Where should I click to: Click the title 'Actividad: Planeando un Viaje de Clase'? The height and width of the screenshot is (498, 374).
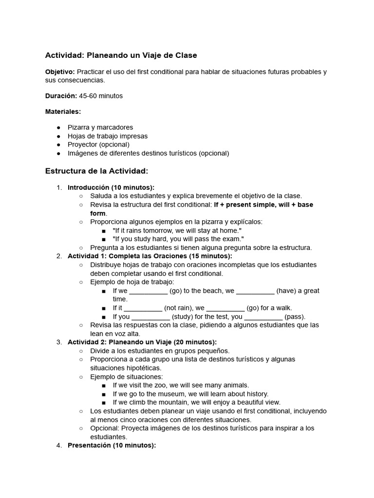point(121,55)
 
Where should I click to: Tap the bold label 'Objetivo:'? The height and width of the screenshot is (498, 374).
point(60,71)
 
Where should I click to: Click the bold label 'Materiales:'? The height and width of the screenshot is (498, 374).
point(63,111)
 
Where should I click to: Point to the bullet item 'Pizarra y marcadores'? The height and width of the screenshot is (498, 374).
point(100,127)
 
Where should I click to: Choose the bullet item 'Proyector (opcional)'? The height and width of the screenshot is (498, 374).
point(98,144)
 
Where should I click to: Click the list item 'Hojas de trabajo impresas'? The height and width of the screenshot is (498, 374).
point(108,136)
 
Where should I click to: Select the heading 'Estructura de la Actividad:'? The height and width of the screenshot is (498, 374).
point(96,171)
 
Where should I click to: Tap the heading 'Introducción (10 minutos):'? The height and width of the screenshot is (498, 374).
point(111,187)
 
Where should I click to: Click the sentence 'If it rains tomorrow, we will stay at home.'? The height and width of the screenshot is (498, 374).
point(177,230)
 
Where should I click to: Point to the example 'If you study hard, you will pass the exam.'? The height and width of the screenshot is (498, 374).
point(178,239)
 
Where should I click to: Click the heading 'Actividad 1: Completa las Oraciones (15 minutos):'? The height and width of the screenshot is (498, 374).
point(150,256)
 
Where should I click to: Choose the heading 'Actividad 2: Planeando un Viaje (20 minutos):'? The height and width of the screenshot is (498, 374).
point(142,342)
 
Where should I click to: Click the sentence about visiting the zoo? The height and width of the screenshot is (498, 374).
point(181,385)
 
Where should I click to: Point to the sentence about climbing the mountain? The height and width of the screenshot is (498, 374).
point(196,402)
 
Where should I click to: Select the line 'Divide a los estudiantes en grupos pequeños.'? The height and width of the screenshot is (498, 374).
point(160,351)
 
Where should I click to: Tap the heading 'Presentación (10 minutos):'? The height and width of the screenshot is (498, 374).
point(112,445)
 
